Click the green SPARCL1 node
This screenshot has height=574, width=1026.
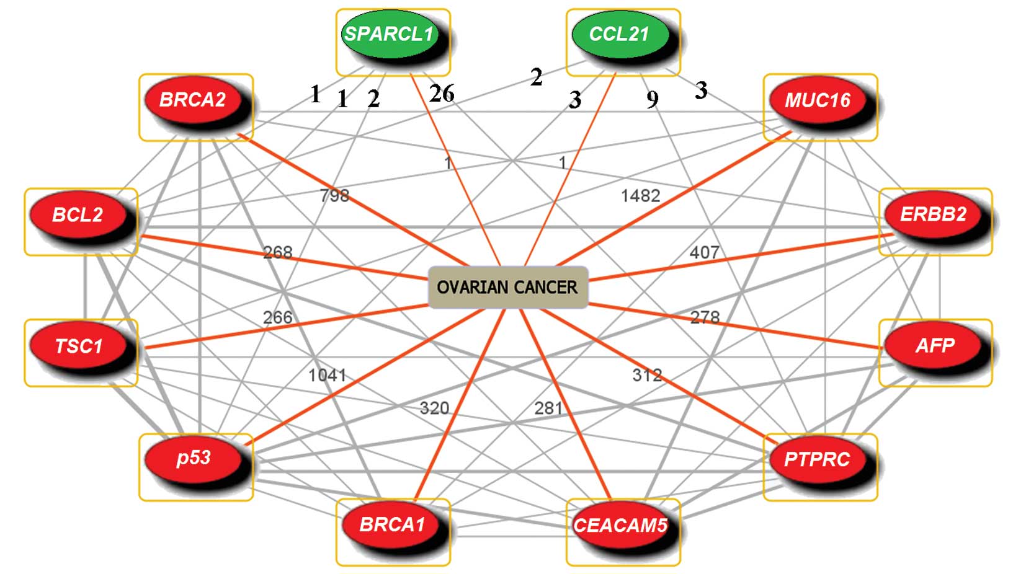coord(389,34)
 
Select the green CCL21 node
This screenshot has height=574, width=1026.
coord(619,34)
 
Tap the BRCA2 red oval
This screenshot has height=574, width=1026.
coord(193,100)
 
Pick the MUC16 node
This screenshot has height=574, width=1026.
coord(817,100)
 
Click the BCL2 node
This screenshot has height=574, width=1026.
coord(78,215)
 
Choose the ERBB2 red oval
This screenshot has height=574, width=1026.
coord(933,214)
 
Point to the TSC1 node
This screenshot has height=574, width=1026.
coord(78,346)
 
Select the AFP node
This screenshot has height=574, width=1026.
coord(934,345)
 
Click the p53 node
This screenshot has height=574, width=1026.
coord(194,459)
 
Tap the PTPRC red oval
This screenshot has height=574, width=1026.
coord(817,460)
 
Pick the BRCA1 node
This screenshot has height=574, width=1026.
coord(392,525)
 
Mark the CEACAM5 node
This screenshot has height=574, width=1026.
coord(620,526)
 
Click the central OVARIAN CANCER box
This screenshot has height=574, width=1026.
coord(507,287)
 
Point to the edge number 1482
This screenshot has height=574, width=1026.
coord(640,196)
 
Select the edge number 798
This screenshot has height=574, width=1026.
coord(334,196)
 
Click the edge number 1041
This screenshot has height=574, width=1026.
coord(327,375)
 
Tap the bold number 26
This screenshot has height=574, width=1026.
coord(442,94)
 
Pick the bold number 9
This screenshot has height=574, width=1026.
coord(652,99)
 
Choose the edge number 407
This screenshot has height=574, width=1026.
coord(704,252)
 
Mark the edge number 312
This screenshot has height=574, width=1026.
coord(647,375)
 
